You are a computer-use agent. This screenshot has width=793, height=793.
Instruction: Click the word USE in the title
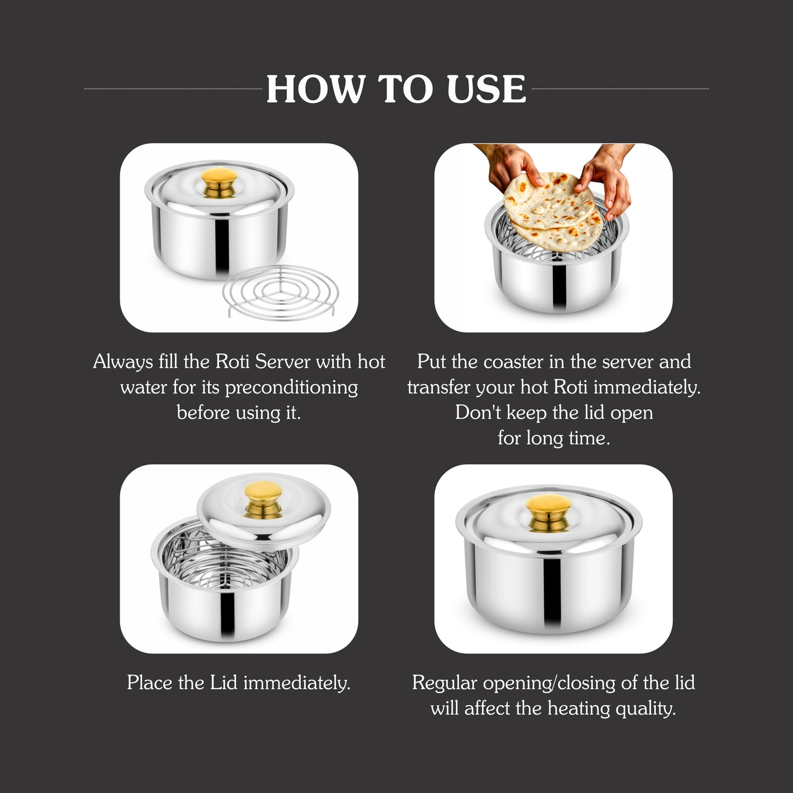pos(486,89)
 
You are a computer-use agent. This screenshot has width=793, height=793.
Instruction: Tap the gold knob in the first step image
pos(220,182)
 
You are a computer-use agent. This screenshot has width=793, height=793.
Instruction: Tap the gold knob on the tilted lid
pos(263,499)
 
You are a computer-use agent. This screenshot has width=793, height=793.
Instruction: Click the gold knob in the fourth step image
pos(548,511)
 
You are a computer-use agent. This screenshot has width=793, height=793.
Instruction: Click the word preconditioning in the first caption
pos(291,387)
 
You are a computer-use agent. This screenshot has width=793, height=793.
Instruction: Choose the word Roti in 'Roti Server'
pos(233,362)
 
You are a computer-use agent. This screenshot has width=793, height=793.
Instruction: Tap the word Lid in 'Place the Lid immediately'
pos(223,683)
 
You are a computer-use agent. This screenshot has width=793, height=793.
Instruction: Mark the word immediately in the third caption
pos(296,683)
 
